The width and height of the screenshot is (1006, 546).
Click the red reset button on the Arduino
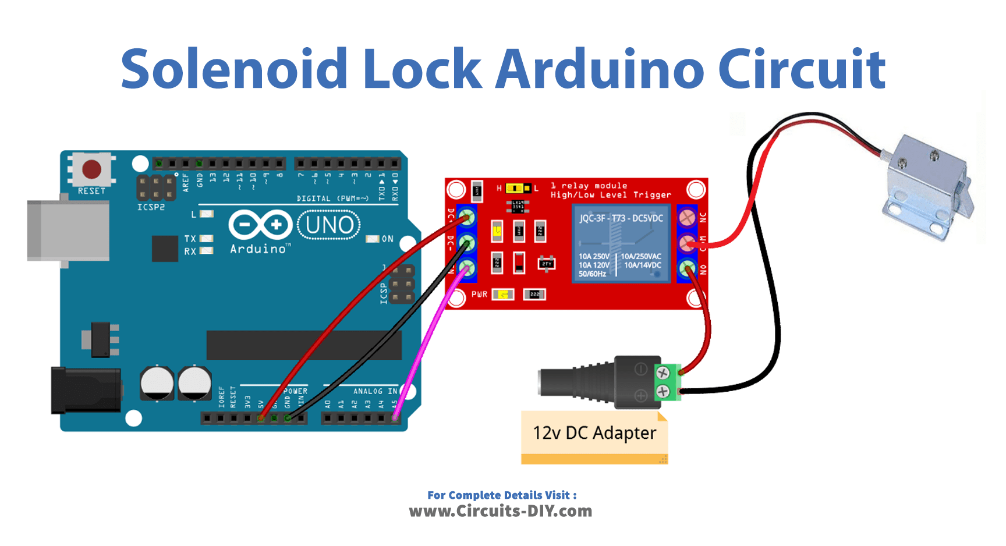pos(91,169)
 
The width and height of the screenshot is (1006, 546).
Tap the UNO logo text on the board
pos(329,225)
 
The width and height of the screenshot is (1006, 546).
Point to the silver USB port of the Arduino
pos(68,231)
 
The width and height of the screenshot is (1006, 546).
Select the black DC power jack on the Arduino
pos(86,390)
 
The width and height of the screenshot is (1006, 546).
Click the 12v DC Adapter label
pos(594,433)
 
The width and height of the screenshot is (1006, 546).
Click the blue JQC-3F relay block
pos(621,244)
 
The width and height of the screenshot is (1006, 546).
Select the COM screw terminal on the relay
pos(688,243)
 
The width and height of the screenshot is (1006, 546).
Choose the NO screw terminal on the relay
pos(688,268)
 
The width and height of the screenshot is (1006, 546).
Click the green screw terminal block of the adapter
pos(668,382)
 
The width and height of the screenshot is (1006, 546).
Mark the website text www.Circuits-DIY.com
pos(501,511)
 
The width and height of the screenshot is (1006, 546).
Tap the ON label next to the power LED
pos(388,239)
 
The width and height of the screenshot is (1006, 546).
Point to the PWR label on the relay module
pos(479,295)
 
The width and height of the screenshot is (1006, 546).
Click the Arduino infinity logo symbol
pos(260,225)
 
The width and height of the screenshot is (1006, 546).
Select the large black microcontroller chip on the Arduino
pos(304,345)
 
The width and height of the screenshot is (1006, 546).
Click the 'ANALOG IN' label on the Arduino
pos(375,391)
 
